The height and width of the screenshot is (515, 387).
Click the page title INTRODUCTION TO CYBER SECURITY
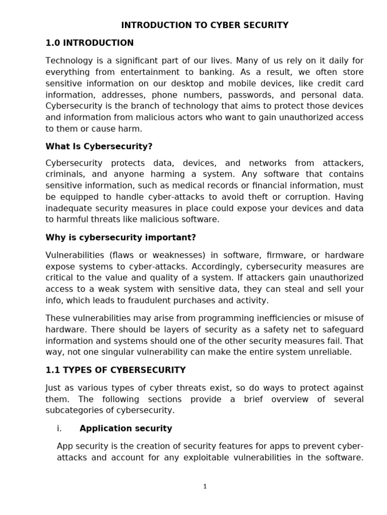[205, 25]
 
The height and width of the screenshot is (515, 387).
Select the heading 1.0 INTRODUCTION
[90, 43]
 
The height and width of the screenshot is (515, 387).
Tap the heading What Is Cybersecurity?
[99, 146]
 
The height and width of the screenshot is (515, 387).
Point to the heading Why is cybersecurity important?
[120, 237]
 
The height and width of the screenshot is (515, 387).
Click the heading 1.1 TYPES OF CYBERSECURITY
[115, 370]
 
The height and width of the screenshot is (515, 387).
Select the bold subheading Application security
[125, 428]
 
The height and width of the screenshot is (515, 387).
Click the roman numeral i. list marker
[59, 428]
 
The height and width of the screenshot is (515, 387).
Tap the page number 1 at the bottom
[205, 486]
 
